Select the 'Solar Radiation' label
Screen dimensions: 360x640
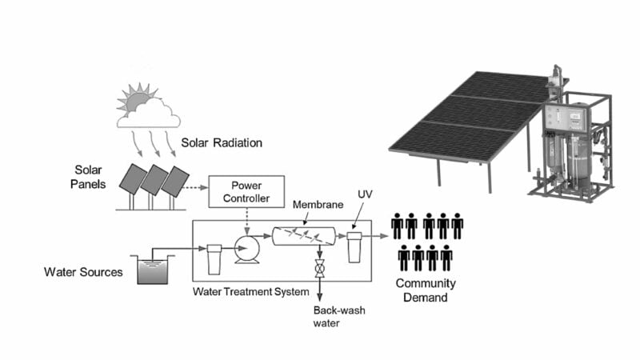pos(222,143)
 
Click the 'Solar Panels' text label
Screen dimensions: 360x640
pos(93,177)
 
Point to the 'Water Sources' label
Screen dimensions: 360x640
pos(83,272)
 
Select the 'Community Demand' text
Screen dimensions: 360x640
pos(425,290)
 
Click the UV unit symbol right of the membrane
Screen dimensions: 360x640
pos(354,246)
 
